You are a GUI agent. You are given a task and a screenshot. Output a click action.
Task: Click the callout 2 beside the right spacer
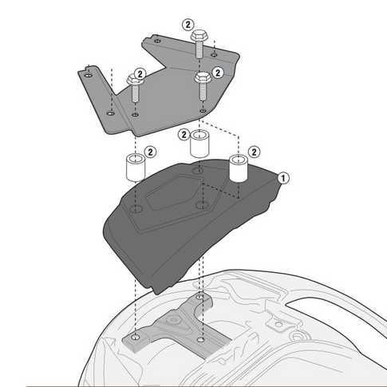(x=255, y=151)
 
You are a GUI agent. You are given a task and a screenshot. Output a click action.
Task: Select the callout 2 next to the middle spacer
(x=184, y=135)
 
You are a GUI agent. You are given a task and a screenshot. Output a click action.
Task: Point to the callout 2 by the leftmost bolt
(x=140, y=73)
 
